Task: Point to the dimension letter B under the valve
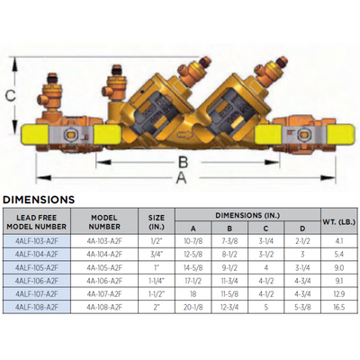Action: [181, 162]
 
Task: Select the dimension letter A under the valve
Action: [183, 177]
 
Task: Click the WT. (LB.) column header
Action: [337, 222]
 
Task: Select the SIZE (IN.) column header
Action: [157, 222]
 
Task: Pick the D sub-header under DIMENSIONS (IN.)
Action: [300, 229]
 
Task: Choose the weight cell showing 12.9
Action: [337, 292]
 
